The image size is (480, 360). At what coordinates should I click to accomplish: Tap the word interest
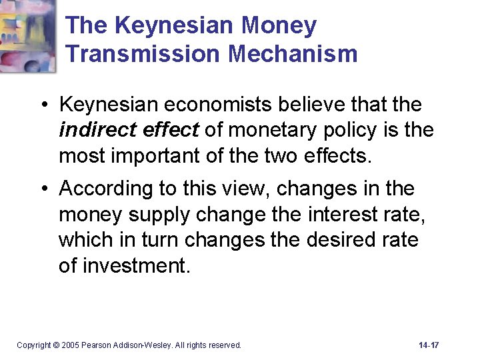point(329,214)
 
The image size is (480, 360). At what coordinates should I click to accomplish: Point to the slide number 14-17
point(429,345)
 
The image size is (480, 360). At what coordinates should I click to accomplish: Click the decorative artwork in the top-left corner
point(28,35)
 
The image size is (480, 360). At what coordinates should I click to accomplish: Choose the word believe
point(313,105)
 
